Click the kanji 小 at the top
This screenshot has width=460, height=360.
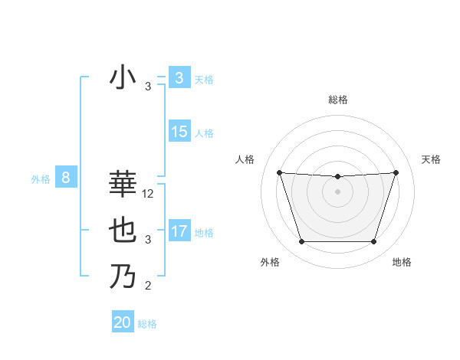pos(123,78)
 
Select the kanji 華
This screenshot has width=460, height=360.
pos(123,185)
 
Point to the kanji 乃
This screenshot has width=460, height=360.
pos(123,276)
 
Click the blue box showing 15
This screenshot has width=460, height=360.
pos(179,132)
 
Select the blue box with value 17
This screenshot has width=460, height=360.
pos(179,231)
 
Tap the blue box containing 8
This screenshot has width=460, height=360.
pos(66,178)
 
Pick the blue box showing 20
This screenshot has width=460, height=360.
pos(123,322)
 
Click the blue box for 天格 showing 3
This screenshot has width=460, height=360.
pos(179,78)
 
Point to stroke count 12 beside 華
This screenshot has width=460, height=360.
pos(148,194)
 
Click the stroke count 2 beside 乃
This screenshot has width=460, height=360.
pos(148,286)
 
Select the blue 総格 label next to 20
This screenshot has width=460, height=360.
pos(147,324)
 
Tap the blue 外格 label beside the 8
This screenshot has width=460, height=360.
pos(41,179)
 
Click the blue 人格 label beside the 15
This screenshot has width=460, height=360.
pos(204,133)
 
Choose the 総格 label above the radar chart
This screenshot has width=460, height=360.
pos(337,100)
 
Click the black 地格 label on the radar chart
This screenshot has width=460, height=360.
pos(402,262)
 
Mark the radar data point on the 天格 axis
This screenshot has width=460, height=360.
pos(396,172)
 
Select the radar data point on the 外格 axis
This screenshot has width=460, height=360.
pos(301,242)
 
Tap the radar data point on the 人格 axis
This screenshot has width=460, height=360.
pos(279,172)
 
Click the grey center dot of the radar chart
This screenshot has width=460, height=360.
pos(337,191)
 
